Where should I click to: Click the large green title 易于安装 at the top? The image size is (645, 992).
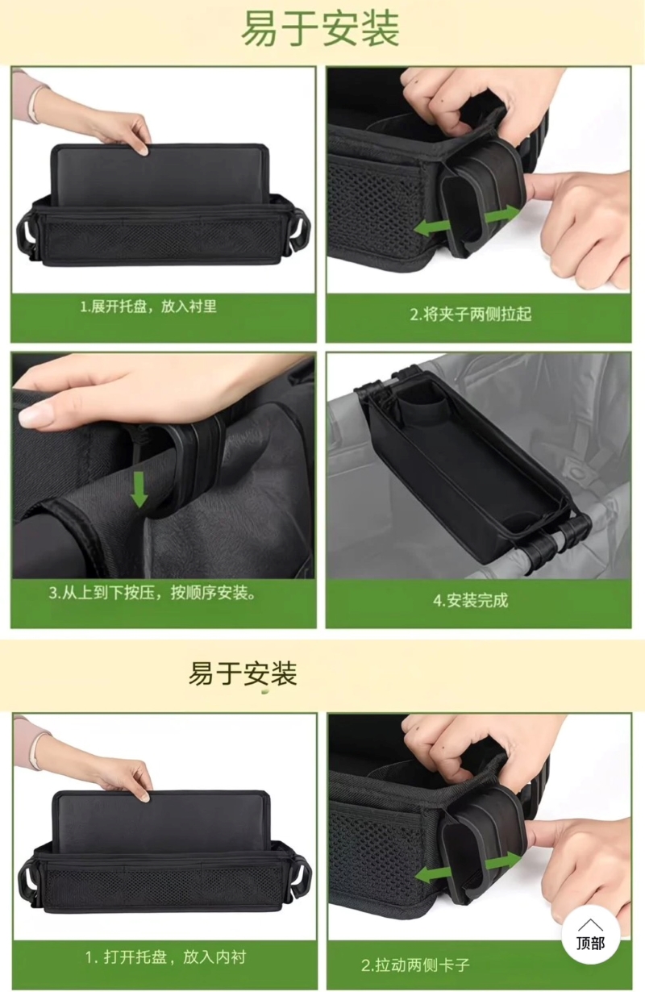(320, 29)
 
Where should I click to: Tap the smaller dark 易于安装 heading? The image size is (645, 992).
(243, 673)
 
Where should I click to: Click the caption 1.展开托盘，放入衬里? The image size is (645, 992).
(148, 306)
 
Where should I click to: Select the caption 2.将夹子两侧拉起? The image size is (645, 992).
(471, 314)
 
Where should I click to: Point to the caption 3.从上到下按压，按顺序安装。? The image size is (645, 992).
(152, 593)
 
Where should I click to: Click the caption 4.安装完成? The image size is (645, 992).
(471, 601)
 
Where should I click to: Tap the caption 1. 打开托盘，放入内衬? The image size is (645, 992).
(165, 957)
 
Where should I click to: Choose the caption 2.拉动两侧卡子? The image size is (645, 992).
(415, 965)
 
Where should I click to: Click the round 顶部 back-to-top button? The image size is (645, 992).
(590, 935)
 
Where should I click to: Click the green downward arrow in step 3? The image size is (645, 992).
(139, 490)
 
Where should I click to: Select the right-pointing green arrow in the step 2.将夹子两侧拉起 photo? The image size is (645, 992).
(502, 215)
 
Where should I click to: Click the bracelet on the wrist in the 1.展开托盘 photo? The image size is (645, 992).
(35, 102)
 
